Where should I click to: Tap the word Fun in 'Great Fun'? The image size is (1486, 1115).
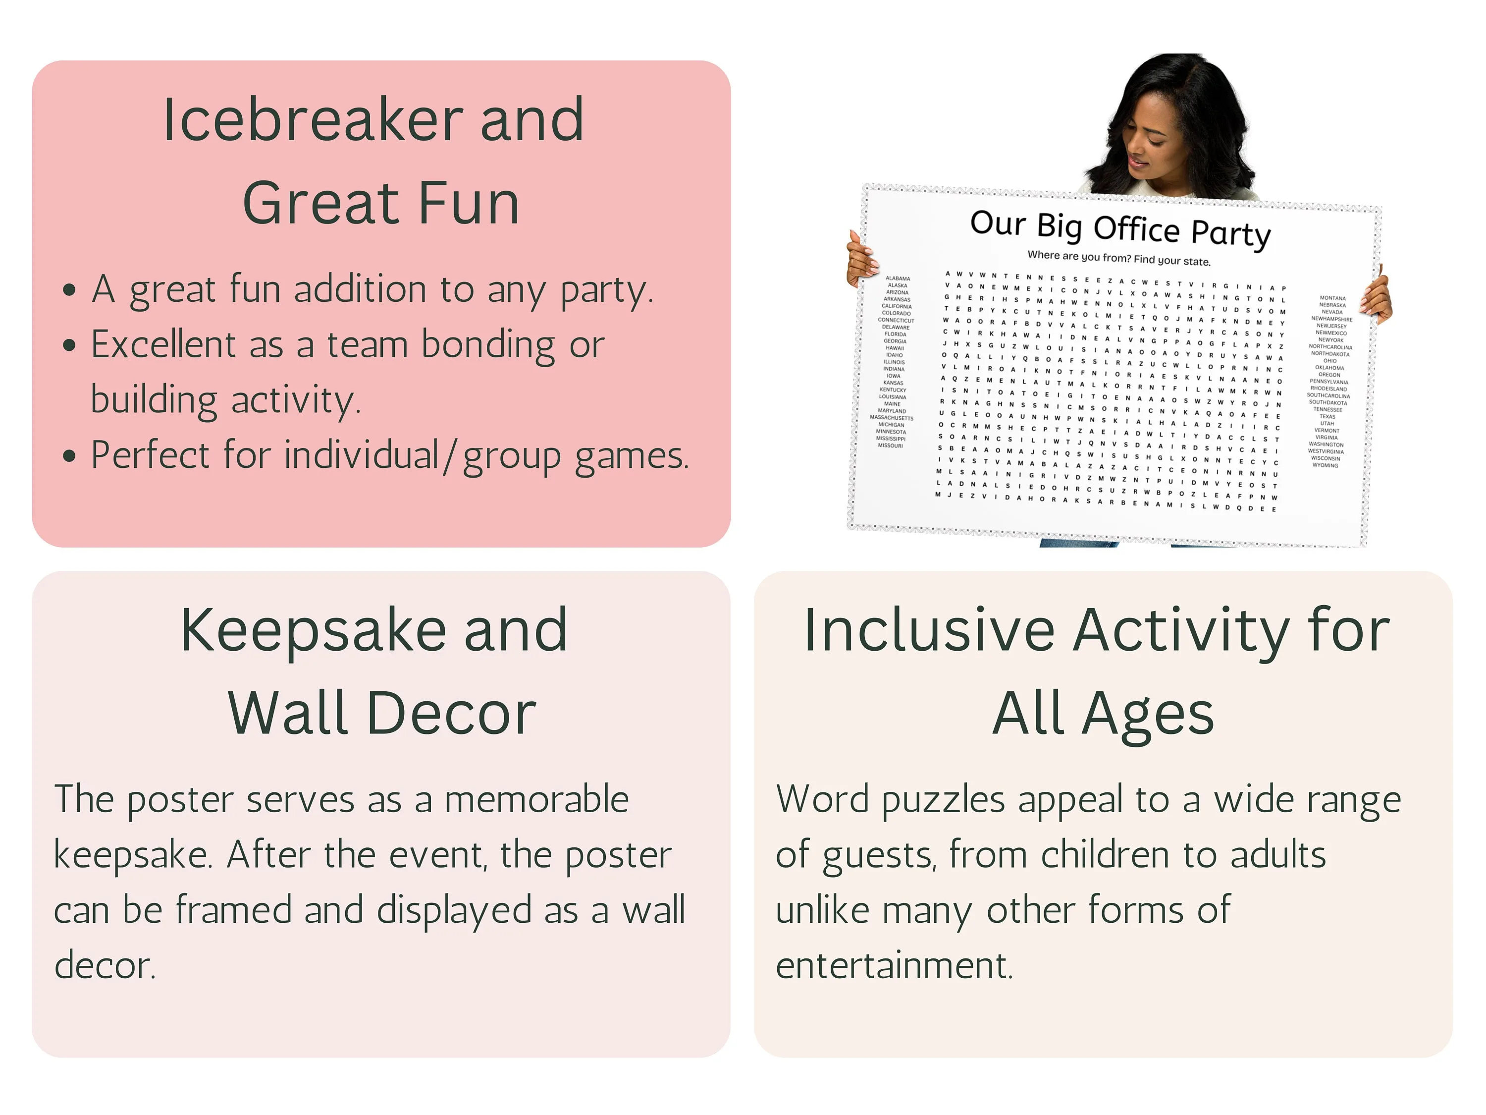tap(468, 203)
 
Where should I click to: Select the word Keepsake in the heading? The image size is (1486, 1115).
tap(313, 630)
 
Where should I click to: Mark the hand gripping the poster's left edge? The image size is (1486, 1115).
tap(862, 258)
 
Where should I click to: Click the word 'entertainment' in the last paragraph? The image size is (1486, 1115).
tap(894, 966)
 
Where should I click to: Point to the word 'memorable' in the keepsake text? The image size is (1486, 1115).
tap(536, 800)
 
